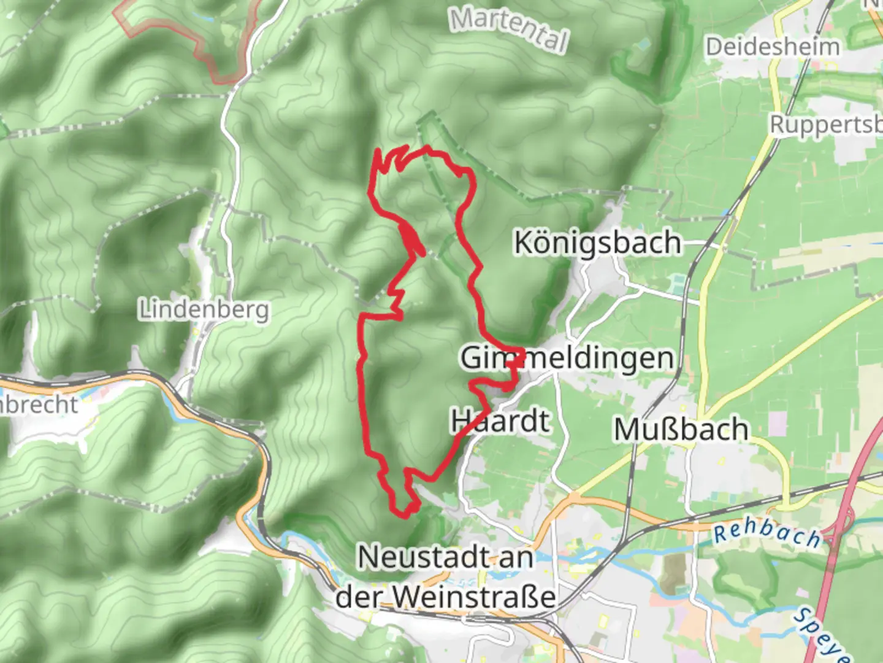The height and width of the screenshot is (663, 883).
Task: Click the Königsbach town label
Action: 597,242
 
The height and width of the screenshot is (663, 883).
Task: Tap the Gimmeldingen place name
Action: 567,357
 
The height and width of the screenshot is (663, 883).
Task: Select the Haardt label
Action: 500,421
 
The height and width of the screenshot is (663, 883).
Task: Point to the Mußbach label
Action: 681,429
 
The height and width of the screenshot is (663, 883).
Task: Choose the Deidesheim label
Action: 772,47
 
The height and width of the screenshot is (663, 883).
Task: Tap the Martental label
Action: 508,29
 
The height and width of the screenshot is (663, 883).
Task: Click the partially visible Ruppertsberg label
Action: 825,125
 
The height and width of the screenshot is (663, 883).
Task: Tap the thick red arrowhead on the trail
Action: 413,238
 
